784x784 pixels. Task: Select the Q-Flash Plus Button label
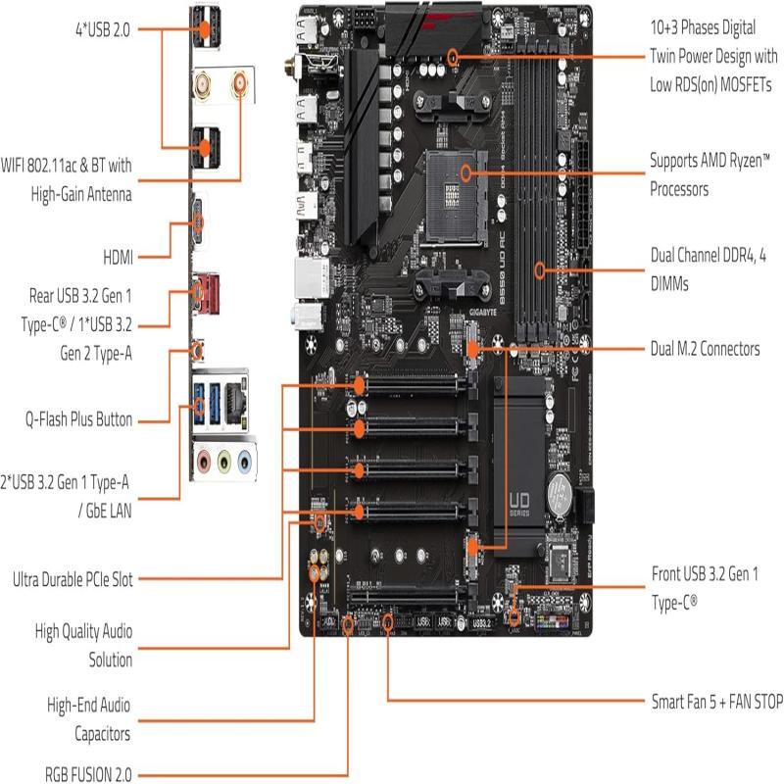click(78, 418)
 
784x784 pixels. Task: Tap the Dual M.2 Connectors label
click(705, 348)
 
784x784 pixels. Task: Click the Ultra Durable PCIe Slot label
click(72, 578)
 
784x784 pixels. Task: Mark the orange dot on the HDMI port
click(199, 221)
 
